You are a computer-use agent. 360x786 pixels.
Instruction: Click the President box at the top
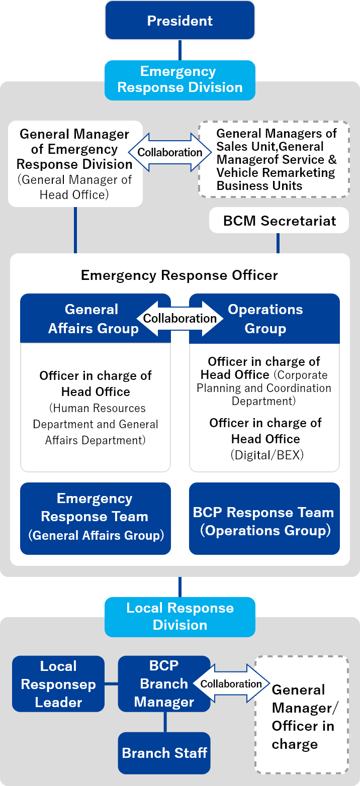[179, 21]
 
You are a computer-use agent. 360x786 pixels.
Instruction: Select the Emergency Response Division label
[179, 79]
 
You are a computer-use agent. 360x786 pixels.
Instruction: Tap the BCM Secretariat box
[279, 221]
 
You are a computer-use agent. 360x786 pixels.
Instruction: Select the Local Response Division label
[179, 616]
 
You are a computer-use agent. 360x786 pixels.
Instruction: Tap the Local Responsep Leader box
[58, 683]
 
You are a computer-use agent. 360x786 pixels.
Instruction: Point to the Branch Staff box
[164, 753]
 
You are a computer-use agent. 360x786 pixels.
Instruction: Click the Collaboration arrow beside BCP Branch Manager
[231, 683]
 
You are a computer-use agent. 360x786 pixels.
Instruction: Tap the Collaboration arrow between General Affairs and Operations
[179, 319]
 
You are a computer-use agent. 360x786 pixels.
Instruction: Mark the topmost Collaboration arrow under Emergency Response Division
[169, 152]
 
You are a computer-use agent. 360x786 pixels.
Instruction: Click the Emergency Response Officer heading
[179, 275]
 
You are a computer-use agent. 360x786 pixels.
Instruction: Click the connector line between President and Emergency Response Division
[179, 50]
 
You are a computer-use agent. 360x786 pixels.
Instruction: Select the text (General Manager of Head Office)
[74, 187]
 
